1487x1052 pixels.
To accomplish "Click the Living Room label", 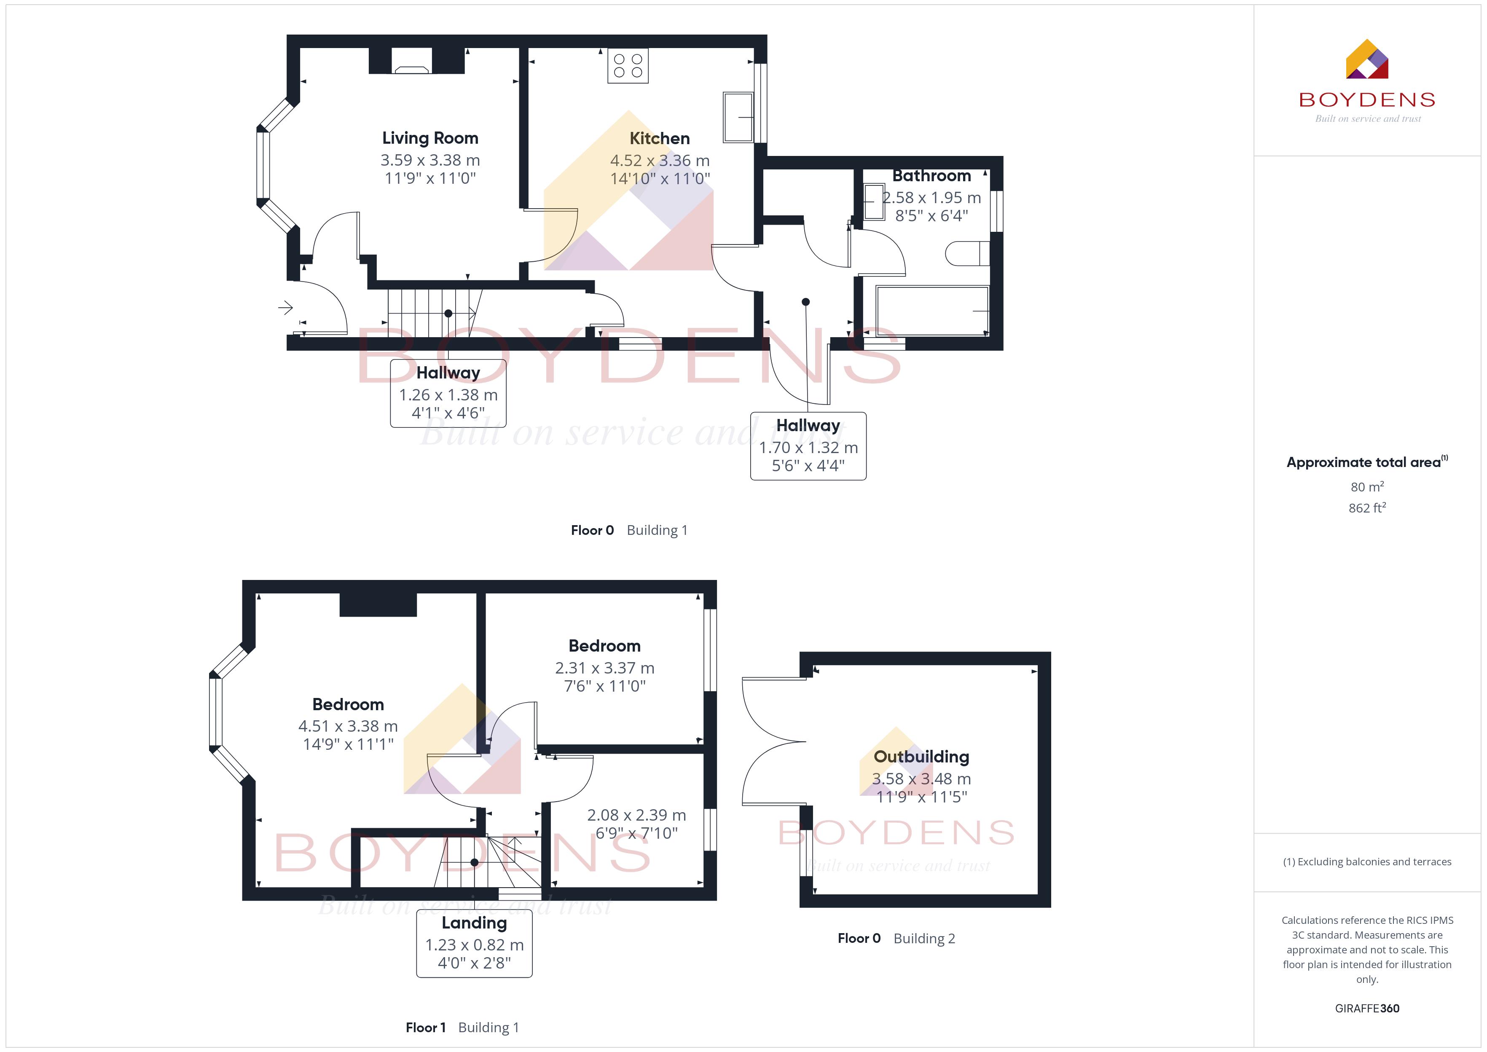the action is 430,138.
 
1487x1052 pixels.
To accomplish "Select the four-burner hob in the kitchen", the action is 628,65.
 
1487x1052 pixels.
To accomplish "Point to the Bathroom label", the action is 931,176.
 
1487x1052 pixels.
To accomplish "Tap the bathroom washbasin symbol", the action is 874,202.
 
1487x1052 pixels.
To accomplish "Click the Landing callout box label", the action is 474,923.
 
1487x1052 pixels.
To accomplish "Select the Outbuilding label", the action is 921,757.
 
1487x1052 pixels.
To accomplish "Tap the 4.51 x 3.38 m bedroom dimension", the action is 348,726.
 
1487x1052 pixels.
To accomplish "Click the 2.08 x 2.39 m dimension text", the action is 636,815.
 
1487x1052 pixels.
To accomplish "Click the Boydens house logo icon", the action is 1366,59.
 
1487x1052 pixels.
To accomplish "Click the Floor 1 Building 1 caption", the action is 462,1028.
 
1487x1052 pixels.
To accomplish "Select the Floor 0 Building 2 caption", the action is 896,939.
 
